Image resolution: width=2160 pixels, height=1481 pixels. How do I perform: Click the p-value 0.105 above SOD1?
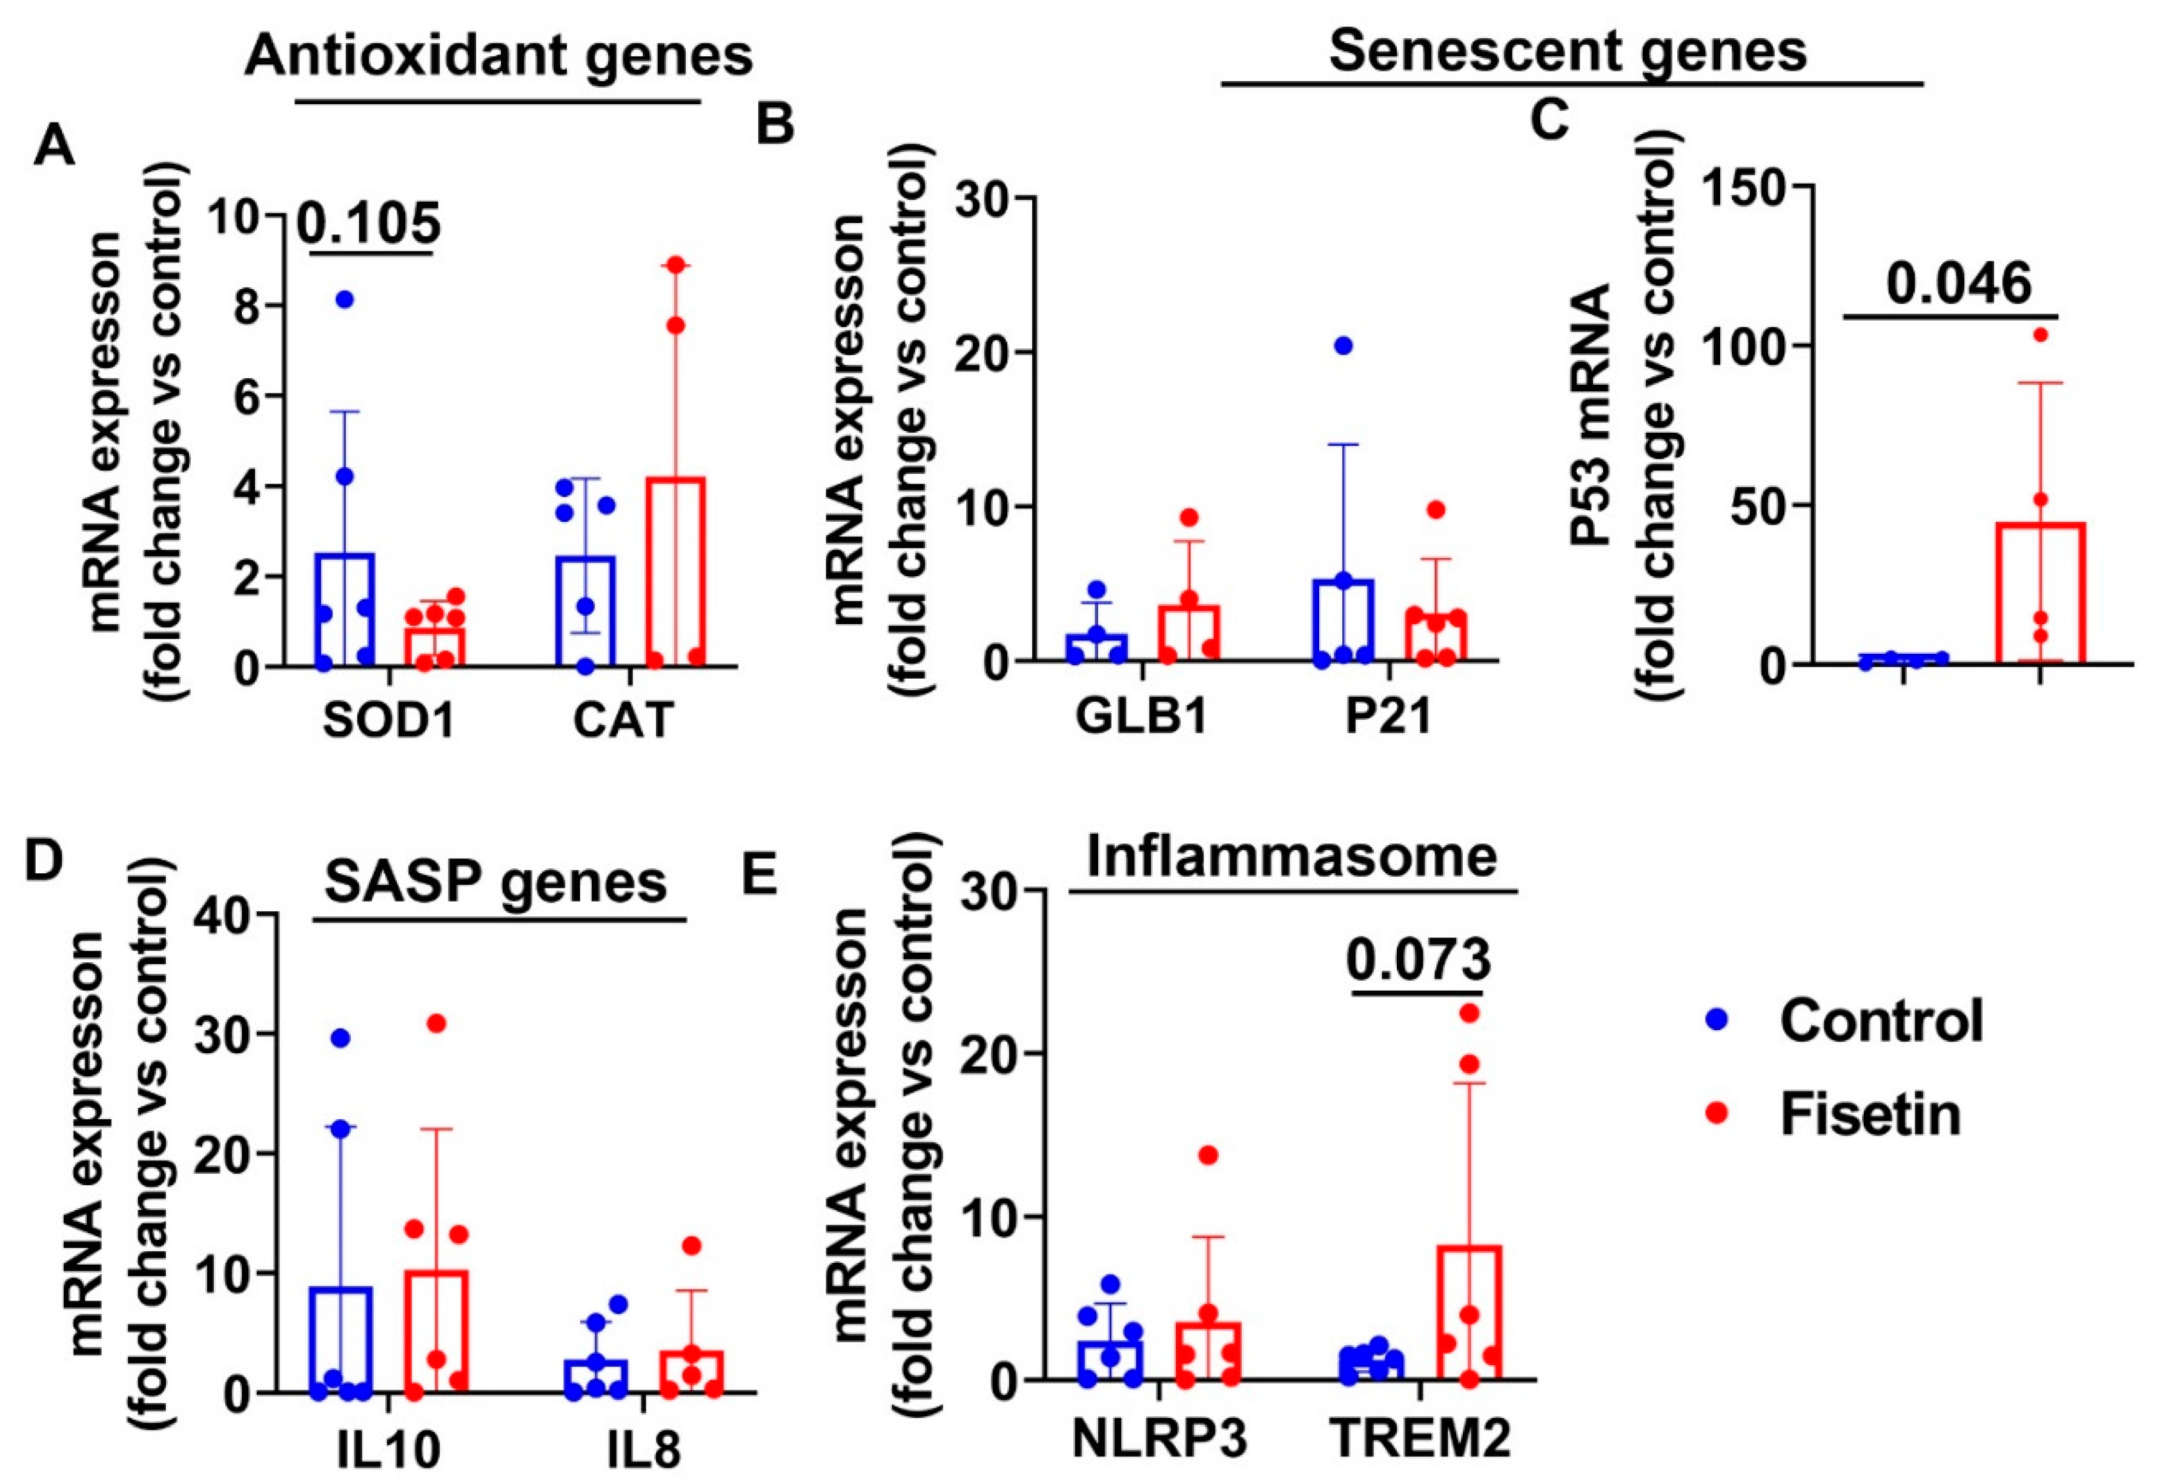369,223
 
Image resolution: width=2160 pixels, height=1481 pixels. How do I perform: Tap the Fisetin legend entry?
1869,1113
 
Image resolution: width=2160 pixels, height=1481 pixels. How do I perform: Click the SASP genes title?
495,880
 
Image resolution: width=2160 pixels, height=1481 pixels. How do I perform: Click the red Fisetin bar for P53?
2041,595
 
